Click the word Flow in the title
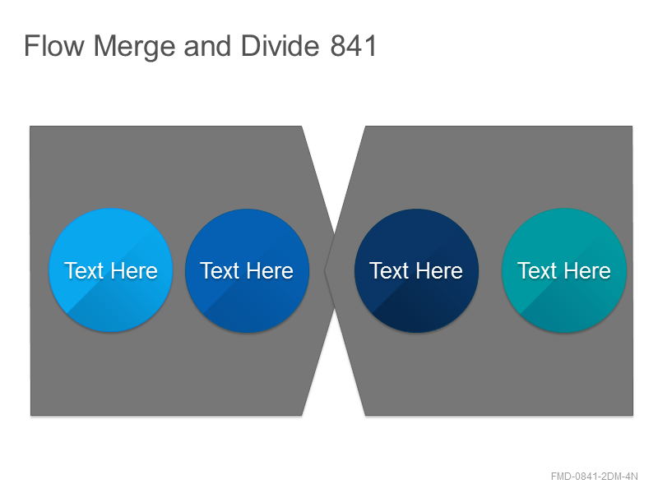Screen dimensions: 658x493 pos(54,46)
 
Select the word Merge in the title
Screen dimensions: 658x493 pos(134,47)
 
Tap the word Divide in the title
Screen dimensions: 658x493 pos(280,46)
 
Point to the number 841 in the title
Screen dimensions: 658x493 pos(354,46)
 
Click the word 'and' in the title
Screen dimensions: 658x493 pos(208,46)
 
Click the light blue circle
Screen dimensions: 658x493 pos(111,270)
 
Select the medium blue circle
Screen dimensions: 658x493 pos(248,271)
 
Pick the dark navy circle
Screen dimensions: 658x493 pos(416,271)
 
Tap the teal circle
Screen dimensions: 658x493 pos(564,270)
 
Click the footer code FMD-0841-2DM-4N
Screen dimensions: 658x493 pos(594,477)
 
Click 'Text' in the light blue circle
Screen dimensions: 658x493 pos(84,270)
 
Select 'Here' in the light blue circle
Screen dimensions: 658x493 pos(134,270)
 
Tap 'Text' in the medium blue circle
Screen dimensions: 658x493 pos(220,270)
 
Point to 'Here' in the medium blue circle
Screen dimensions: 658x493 pos(271,270)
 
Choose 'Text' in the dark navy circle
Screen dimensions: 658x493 pos(389,270)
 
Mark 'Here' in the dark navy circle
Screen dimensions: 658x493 pos(439,270)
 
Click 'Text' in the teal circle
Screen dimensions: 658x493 pos(537,270)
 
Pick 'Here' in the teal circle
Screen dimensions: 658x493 pos(587,270)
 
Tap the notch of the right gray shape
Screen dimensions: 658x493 pos(325,271)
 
